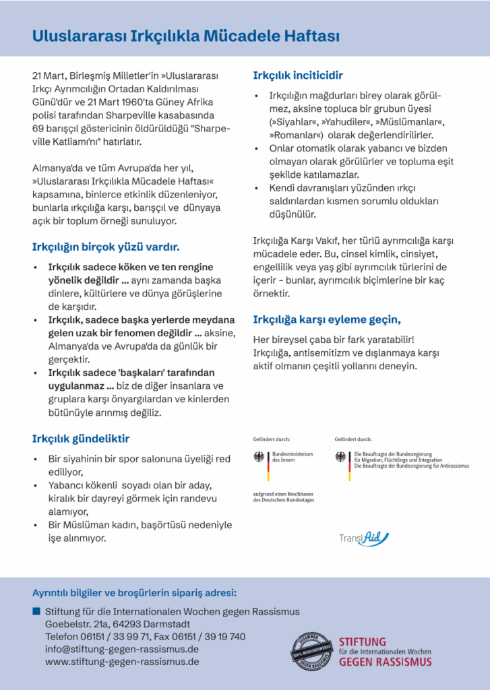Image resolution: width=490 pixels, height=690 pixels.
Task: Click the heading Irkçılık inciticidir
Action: coord(298,75)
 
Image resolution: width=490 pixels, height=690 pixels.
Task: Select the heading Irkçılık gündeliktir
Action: coord(81,439)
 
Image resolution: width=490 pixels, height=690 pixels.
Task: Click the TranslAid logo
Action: coord(364,538)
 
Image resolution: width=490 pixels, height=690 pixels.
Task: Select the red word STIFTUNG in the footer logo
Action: coord(363,642)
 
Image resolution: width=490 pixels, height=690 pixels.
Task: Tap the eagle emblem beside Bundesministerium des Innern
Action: coord(259,458)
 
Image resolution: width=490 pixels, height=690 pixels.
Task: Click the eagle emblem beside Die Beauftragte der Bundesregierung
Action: coord(341,458)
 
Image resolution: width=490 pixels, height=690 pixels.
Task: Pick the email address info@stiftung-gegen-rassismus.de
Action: coord(121,650)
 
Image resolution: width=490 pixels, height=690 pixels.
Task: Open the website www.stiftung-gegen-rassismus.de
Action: coord(121,662)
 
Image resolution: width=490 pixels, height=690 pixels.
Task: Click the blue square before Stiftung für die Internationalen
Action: coord(36,611)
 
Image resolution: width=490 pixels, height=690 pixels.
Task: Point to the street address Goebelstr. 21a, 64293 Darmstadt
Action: coord(117,624)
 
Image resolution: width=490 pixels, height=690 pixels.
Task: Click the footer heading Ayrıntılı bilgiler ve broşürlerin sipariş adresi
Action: coord(134,593)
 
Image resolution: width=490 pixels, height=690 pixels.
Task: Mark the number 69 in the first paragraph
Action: coord(38,127)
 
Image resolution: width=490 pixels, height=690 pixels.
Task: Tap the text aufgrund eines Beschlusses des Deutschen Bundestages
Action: coord(283,497)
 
